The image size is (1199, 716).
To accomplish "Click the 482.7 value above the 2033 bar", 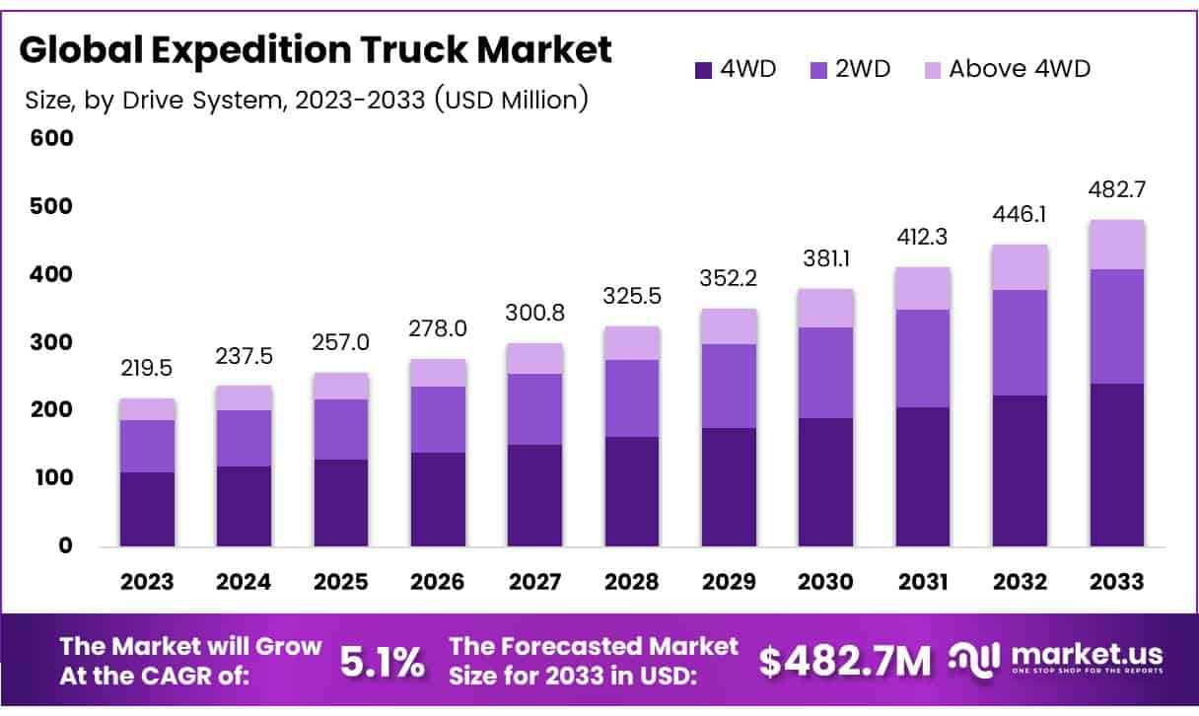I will (1117, 189).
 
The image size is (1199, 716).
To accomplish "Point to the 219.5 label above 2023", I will (147, 367).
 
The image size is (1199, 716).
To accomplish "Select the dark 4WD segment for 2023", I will (147, 509).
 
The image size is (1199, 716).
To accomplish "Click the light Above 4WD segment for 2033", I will (1117, 244).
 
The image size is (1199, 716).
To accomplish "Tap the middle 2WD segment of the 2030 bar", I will (826, 372).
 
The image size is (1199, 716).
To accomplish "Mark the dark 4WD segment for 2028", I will (632, 491).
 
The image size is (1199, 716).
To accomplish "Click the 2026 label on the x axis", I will (438, 582).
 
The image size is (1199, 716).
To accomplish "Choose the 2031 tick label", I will (923, 582).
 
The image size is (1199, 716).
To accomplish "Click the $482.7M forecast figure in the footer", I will (844, 663).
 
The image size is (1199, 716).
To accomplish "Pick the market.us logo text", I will (1082, 655).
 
